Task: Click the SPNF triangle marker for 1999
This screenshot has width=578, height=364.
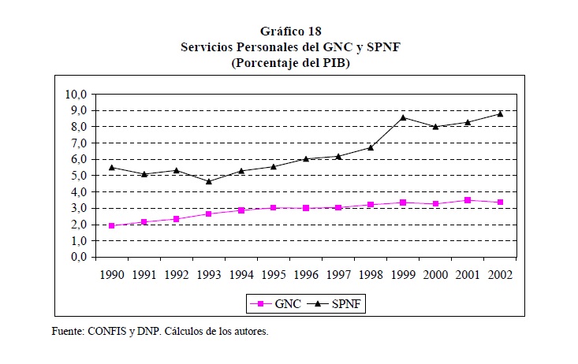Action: pos(403,117)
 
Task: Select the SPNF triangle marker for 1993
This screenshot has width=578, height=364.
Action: pos(208,181)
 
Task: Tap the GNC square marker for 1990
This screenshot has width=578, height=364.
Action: pos(111,225)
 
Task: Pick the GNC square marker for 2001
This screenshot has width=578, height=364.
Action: pos(468,200)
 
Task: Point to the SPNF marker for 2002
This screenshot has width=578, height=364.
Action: pos(500,113)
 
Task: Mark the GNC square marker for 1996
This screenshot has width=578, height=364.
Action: pos(305,208)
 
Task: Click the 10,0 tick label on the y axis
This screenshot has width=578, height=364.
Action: pos(76,95)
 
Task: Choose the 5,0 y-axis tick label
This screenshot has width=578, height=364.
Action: pos(78,176)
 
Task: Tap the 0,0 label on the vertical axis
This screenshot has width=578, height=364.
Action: pos(78,257)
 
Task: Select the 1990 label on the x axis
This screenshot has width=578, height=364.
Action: pos(111,275)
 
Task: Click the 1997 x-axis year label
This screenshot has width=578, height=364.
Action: pos(338,275)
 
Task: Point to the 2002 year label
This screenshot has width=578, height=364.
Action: pos(500,275)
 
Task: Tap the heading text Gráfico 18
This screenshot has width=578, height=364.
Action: pos(290,32)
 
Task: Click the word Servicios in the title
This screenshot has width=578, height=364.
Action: pos(206,48)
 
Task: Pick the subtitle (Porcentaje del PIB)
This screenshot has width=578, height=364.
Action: pos(290,63)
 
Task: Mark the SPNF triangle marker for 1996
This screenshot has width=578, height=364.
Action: pos(305,158)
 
